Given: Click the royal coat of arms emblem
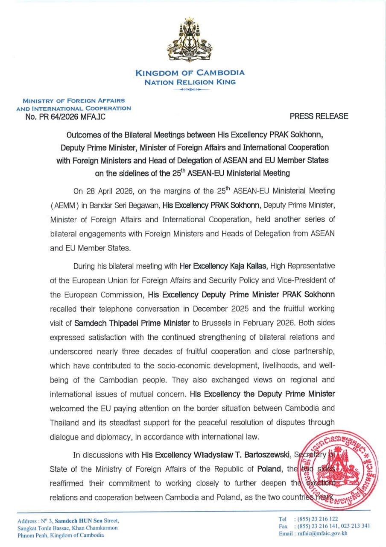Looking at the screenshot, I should pos(189,41).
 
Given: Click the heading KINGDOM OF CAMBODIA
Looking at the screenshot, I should pos(190,73).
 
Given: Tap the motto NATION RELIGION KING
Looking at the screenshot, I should pos(190,82).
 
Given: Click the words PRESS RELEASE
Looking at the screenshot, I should pos(319,116).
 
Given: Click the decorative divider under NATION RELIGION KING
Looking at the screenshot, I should pos(190,90).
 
